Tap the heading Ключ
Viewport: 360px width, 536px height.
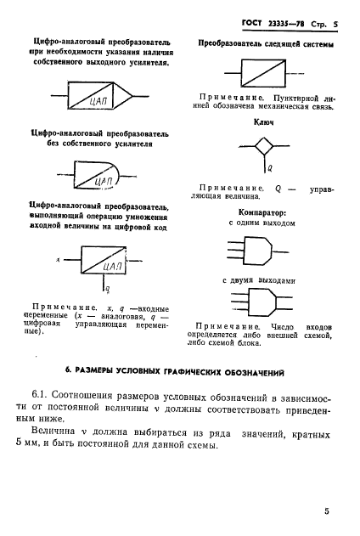pyautogui.click(x=262, y=123)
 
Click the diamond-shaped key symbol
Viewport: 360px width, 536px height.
pyautogui.click(x=263, y=148)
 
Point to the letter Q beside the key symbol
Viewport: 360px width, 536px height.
pyautogui.click(x=269, y=167)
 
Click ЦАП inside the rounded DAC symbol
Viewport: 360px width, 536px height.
pyautogui.click(x=105, y=180)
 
